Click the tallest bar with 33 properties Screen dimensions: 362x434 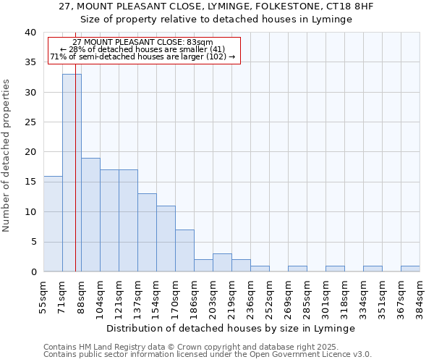(x=72, y=174)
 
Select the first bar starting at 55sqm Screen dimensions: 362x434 (x=53, y=224)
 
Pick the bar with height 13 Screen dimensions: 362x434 (x=147, y=232)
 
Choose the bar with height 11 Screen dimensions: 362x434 (x=166, y=239)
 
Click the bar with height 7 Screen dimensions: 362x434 (x=184, y=251)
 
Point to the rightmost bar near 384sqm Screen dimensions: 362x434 (x=410, y=269)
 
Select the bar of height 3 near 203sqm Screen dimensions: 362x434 (x=222, y=263)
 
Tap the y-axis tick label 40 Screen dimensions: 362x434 (x=30, y=33)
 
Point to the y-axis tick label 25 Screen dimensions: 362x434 (x=30, y=122)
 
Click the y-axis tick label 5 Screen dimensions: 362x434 (x=33, y=242)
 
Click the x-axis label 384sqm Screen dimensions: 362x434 (x=420, y=295)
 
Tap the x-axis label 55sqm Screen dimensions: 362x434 (x=43, y=295)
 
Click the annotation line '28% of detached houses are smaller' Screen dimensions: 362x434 (x=143, y=49)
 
